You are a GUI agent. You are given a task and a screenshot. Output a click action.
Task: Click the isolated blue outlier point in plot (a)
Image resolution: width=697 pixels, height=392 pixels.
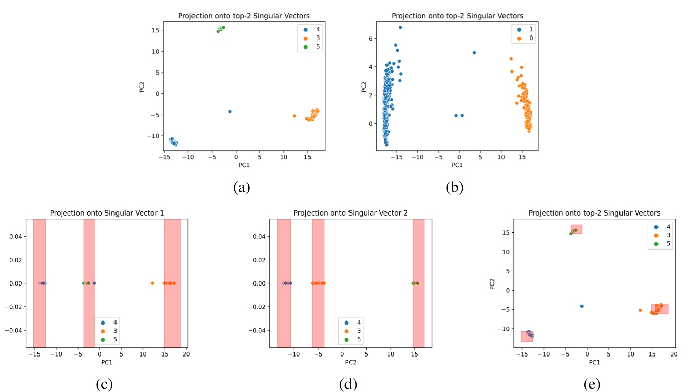[230, 111]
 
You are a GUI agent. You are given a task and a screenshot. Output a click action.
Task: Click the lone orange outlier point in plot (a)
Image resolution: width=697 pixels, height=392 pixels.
[294, 116]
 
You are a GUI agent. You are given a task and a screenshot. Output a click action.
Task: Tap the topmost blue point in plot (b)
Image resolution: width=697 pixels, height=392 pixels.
[400, 27]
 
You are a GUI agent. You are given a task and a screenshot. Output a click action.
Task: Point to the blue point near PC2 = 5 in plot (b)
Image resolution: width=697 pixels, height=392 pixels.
[474, 53]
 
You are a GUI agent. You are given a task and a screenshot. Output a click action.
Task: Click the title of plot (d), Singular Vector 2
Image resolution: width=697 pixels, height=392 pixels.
[351, 213]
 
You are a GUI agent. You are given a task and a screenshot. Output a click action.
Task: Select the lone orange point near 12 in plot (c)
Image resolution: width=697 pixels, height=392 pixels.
[152, 283]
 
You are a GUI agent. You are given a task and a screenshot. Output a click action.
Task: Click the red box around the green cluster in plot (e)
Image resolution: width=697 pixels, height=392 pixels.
[576, 229]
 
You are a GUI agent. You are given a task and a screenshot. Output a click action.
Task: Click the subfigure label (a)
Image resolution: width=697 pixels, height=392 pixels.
[242, 187]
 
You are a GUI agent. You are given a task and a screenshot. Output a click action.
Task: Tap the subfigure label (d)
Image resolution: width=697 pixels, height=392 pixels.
[348, 385]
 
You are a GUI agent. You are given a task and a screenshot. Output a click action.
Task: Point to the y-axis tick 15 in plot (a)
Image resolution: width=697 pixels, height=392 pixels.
[155, 30]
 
